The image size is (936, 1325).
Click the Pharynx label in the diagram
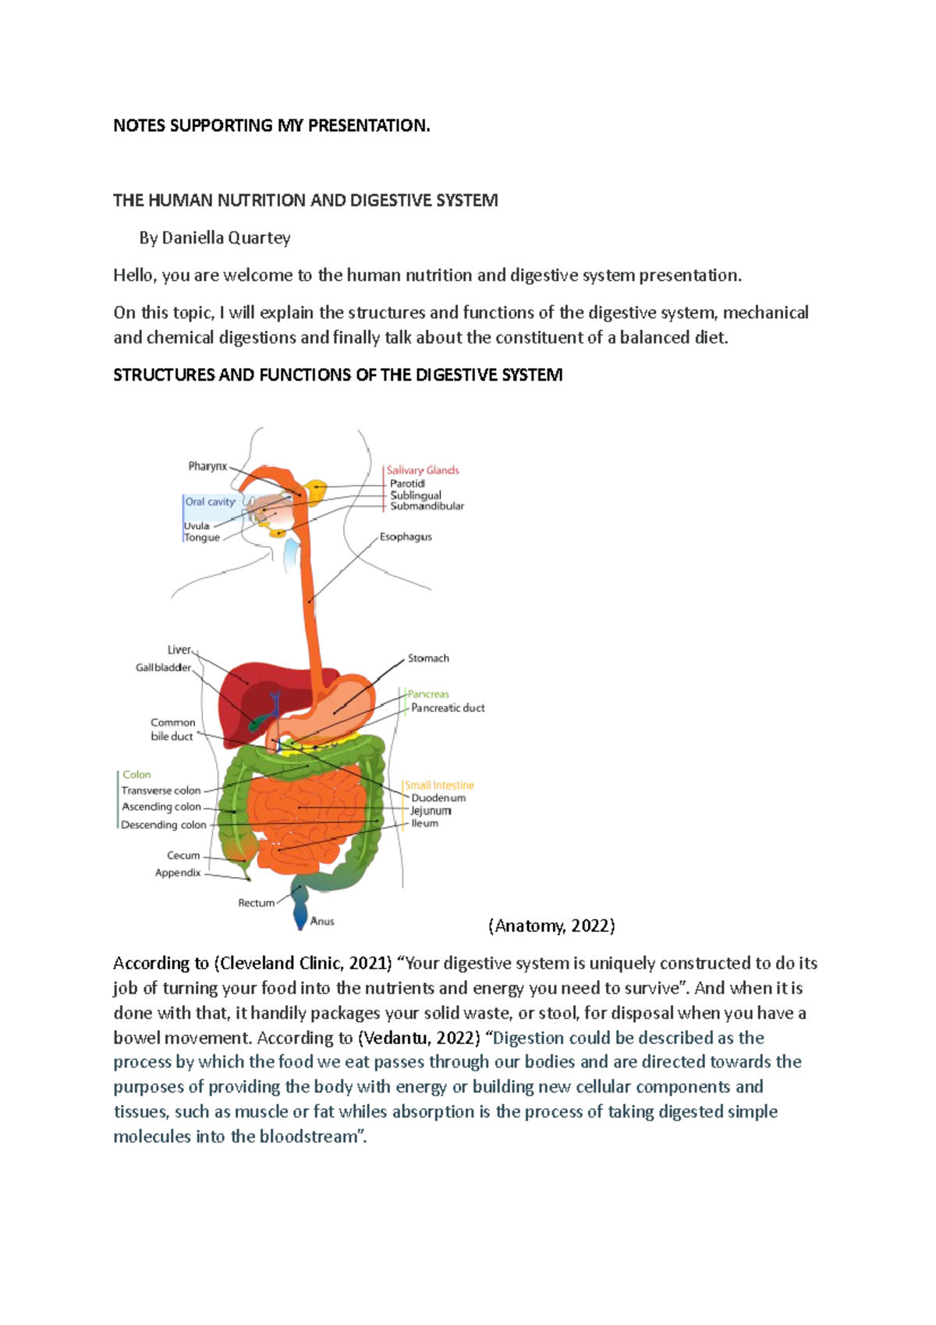[x=207, y=466]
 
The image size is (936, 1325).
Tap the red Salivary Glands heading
[x=423, y=470]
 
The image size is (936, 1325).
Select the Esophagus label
[x=406, y=537]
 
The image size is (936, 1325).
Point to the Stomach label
[x=428, y=658]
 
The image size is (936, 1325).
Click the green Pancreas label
[x=428, y=694]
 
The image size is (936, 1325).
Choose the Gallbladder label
[x=163, y=667]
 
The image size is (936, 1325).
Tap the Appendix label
[x=178, y=872]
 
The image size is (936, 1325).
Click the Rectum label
[x=256, y=903]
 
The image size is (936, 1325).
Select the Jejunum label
[x=431, y=811]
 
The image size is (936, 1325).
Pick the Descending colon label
[x=164, y=825]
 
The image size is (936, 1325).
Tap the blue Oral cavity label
[x=210, y=502]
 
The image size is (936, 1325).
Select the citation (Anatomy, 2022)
[x=551, y=926]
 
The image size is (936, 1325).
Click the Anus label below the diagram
[x=322, y=922]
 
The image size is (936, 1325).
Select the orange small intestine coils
[x=312, y=812]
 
